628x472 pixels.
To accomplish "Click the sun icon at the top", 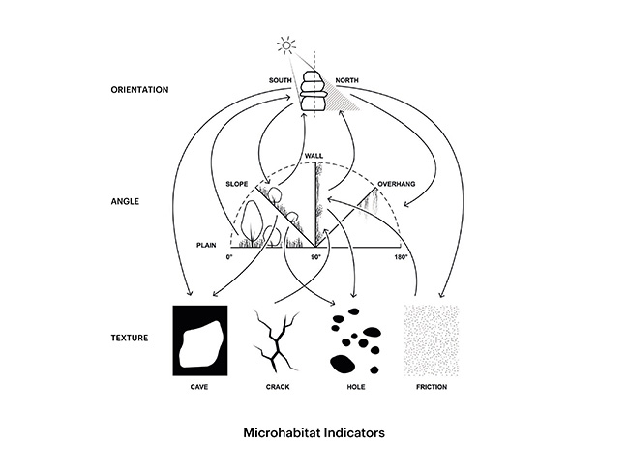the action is point(286,45).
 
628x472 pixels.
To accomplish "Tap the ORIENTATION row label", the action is point(139,90).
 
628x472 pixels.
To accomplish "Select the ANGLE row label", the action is point(125,201).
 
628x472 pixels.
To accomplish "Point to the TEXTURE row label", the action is point(130,338).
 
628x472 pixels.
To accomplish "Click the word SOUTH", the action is point(281,80).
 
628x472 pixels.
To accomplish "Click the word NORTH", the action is point(346,80).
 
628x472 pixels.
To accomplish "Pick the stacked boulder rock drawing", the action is point(314,91).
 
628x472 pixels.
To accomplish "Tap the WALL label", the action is point(314,156).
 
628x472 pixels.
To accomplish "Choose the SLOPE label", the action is point(237,184).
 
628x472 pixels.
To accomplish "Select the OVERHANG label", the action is point(397,184).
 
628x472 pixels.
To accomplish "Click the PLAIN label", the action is point(206,245).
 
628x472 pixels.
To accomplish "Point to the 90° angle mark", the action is point(316,257).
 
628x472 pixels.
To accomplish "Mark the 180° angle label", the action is point(401,257).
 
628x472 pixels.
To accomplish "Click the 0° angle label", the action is point(229,257).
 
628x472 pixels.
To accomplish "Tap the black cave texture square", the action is point(200,340).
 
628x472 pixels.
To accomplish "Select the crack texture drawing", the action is point(277,340).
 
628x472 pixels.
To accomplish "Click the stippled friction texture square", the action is point(432,340).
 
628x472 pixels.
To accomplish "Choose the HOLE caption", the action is point(356,387).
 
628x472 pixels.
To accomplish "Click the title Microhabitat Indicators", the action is point(314,432).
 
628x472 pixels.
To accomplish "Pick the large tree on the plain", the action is point(252,222).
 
